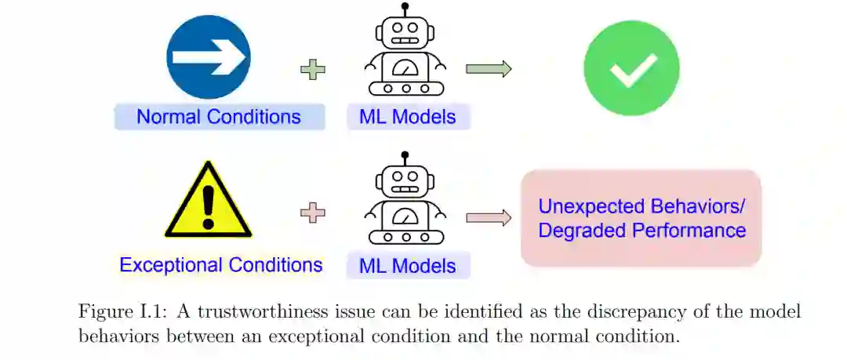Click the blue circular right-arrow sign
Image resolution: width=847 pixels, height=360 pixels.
coord(208,56)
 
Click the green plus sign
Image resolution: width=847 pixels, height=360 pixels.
coord(313,70)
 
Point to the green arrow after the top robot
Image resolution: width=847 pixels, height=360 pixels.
coord(488,69)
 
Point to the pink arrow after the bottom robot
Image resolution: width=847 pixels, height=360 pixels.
coord(488,218)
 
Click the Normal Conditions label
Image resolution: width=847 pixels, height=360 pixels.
coord(219,117)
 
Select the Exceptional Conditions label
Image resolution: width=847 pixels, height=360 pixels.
coord(220,265)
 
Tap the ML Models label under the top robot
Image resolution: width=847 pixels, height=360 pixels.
coord(407,117)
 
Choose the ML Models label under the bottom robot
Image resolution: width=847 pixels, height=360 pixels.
coord(407,266)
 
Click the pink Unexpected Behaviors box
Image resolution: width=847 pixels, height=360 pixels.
coord(642,218)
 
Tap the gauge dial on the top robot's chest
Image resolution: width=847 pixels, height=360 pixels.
coord(405,68)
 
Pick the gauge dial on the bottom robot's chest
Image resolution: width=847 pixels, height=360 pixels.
coord(405,216)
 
